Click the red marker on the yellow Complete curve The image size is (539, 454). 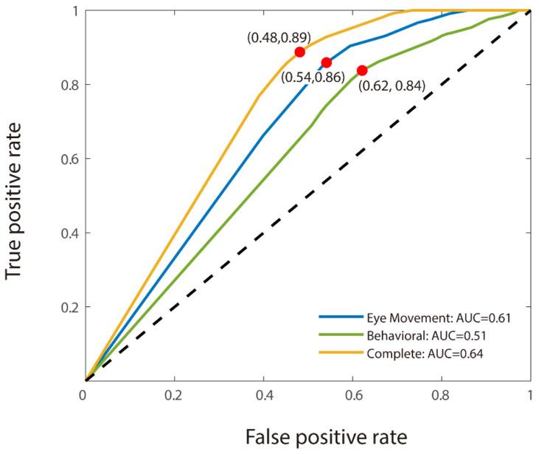pyautogui.click(x=299, y=52)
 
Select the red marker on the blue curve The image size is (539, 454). pyautogui.click(x=326, y=63)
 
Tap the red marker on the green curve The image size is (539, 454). pyautogui.click(x=361, y=70)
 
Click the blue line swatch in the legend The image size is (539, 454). pyautogui.click(x=341, y=318)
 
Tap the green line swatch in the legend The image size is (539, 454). pyautogui.click(x=341, y=336)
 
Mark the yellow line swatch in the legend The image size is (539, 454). pyautogui.click(x=341, y=354)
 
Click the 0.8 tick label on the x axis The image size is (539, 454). pyautogui.click(x=442, y=396)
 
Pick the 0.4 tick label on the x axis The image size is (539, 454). pyautogui.click(x=264, y=396)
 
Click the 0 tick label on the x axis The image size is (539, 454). pyautogui.click(x=86, y=396)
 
